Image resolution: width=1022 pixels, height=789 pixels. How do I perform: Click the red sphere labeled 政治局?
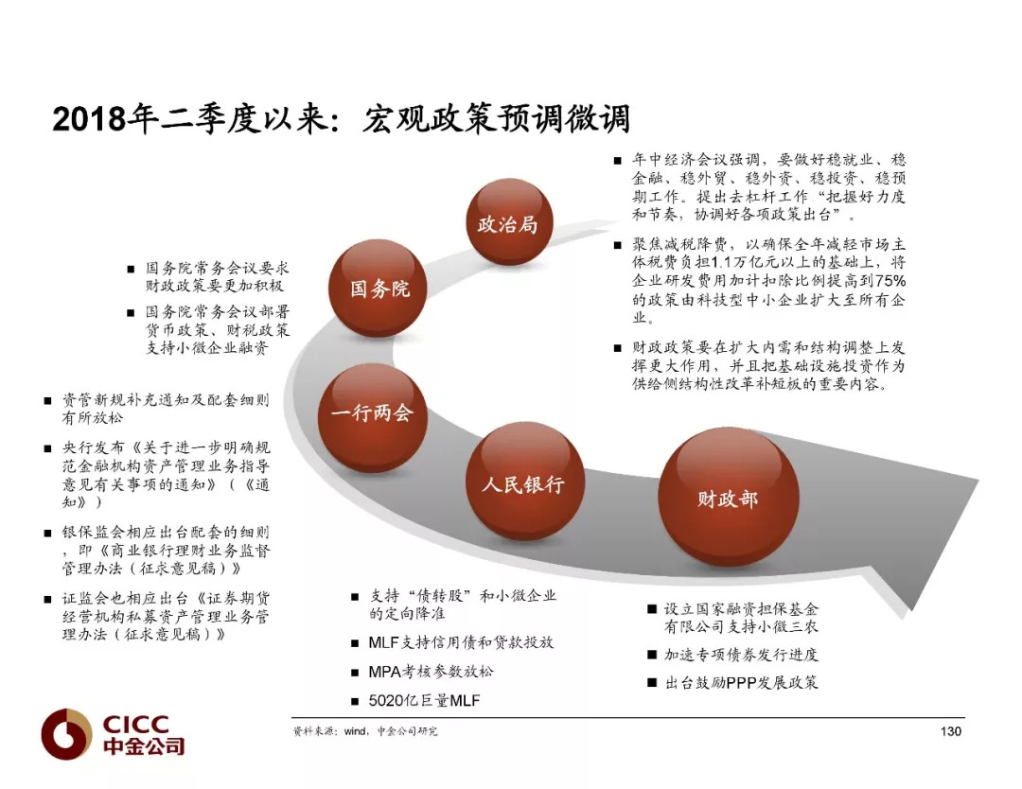click(x=509, y=223)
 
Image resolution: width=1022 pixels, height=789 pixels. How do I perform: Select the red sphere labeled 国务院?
click(x=378, y=289)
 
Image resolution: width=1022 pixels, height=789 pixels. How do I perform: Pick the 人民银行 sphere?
click(x=524, y=482)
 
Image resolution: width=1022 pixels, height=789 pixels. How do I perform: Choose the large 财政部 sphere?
click(x=728, y=498)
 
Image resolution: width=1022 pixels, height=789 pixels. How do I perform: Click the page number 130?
click(x=951, y=731)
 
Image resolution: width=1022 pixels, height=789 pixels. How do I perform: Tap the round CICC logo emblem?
click(x=66, y=733)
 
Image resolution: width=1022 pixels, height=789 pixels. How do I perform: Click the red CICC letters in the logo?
click(x=135, y=724)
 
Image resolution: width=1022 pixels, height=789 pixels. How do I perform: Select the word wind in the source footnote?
click(x=355, y=731)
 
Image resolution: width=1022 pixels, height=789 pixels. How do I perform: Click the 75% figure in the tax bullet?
click(x=890, y=281)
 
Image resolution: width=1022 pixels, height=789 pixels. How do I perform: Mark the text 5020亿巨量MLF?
click(x=424, y=700)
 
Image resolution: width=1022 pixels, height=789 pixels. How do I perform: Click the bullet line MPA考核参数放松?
click(x=431, y=671)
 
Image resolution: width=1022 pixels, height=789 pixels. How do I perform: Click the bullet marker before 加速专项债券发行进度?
click(x=652, y=654)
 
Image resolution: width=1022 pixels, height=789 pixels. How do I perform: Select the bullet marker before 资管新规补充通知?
click(x=47, y=400)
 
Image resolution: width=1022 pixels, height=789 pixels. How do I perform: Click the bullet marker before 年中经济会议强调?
click(x=617, y=160)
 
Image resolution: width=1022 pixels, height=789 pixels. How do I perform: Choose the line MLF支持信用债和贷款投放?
click(x=461, y=642)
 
